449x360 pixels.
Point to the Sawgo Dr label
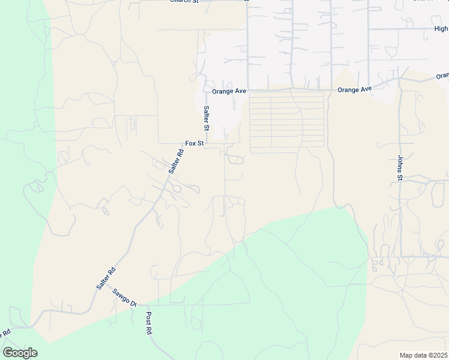[125, 299]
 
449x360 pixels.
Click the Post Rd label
[149, 323]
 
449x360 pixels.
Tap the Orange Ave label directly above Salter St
[229, 91]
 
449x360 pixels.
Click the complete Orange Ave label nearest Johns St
[354, 89]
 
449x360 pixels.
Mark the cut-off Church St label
[184, 2]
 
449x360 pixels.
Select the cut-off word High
[441, 28]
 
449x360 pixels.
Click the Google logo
[20, 353]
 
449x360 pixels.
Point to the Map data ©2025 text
[423, 355]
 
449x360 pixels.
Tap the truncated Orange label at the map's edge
[442, 76]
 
